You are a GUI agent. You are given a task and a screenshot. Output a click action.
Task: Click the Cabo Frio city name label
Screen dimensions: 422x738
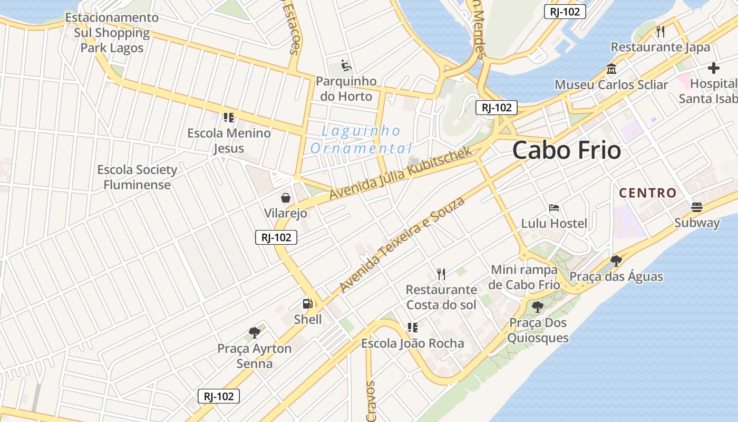[567, 150]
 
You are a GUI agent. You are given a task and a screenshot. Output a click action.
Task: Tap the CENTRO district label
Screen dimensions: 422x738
[648, 193]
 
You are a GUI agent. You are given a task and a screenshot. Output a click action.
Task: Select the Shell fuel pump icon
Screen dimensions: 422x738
[307, 304]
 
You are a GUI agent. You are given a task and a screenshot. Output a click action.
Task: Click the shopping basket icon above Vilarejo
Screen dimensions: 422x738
[285, 198]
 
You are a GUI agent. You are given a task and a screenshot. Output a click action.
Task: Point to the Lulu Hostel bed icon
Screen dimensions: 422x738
[553, 208]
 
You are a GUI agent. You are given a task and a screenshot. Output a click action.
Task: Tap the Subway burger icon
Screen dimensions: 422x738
[697, 207]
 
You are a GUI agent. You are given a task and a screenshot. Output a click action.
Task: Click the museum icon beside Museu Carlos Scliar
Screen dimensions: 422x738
[611, 69]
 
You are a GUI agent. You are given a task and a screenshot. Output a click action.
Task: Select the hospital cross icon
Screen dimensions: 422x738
[714, 68]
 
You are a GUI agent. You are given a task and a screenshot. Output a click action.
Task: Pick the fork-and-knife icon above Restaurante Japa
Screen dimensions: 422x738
[661, 32]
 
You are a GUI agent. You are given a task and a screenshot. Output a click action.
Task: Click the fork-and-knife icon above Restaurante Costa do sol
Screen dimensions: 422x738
[441, 274]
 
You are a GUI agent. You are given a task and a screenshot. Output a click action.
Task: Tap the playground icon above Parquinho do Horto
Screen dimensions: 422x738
[346, 65]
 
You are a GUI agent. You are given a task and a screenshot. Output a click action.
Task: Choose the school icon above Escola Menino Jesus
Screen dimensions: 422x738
[228, 117]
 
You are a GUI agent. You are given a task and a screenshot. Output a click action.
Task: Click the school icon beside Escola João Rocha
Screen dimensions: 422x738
[412, 328]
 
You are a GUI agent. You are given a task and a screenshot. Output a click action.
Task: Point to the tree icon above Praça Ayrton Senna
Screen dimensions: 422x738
[255, 333]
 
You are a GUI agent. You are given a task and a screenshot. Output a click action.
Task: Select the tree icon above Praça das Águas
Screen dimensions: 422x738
[616, 261]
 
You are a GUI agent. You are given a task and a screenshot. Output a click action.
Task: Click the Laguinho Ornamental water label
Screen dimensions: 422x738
[361, 139]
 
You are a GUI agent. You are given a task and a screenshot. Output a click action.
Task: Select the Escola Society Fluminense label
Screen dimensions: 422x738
[137, 177]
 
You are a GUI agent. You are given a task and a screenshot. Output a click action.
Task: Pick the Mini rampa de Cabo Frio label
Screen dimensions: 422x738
[525, 277]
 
